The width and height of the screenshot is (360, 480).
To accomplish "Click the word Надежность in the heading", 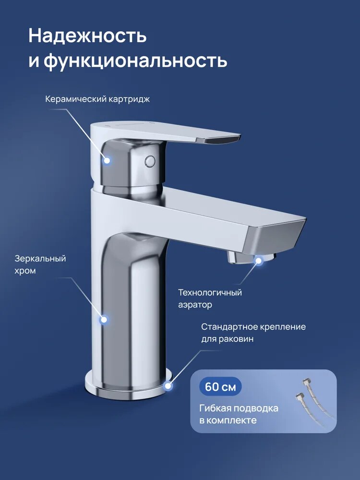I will [x=87, y=36].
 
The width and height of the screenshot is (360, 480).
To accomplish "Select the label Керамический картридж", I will [x=97, y=99].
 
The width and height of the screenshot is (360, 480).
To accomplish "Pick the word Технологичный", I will [x=210, y=292].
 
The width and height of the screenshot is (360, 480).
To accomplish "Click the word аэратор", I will [x=195, y=305].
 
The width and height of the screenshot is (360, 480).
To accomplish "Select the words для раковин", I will [x=227, y=339].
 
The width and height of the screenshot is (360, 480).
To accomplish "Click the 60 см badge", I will [x=220, y=387].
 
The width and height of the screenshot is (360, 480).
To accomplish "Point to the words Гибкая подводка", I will [x=239, y=408].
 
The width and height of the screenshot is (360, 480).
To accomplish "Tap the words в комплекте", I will [x=228, y=420].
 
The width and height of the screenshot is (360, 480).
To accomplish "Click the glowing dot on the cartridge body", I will [x=108, y=161].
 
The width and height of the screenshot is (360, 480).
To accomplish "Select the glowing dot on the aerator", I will [x=259, y=261].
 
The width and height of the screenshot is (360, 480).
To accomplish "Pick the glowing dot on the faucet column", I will [x=103, y=319].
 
